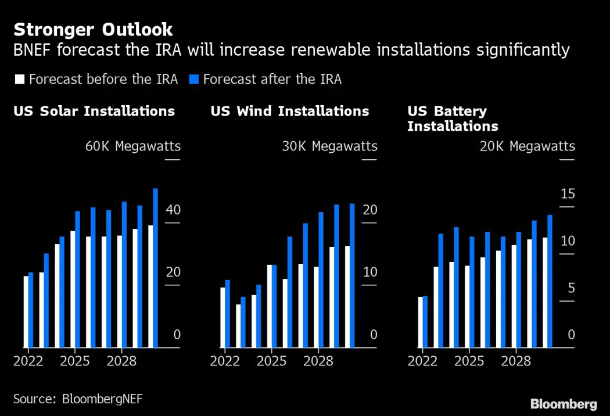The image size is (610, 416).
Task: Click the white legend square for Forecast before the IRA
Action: click(20, 80)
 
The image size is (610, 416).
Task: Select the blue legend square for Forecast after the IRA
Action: click(193, 80)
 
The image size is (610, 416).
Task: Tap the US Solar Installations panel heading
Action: click(94, 111)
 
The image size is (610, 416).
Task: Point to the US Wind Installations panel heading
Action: click(289, 111)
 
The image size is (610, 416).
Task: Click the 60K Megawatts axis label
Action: click(133, 146)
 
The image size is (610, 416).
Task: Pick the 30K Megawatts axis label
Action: click(329, 146)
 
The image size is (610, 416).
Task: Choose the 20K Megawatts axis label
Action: click(527, 146)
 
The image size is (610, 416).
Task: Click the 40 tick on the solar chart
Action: click(173, 210)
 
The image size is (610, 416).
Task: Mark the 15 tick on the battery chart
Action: click(568, 193)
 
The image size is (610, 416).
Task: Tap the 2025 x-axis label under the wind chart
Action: click(271, 361)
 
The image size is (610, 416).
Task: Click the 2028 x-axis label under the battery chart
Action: click(516, 361)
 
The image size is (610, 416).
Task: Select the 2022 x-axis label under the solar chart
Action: click(28, 361)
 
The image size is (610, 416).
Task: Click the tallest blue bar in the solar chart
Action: click(155, 267)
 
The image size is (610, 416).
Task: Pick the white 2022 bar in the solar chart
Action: click(26, 312)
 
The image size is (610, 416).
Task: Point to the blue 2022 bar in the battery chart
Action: click(425, 322)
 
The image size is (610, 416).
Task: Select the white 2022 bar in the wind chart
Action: click(223, 317)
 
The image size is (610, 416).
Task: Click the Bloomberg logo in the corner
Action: click(564, 404)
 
